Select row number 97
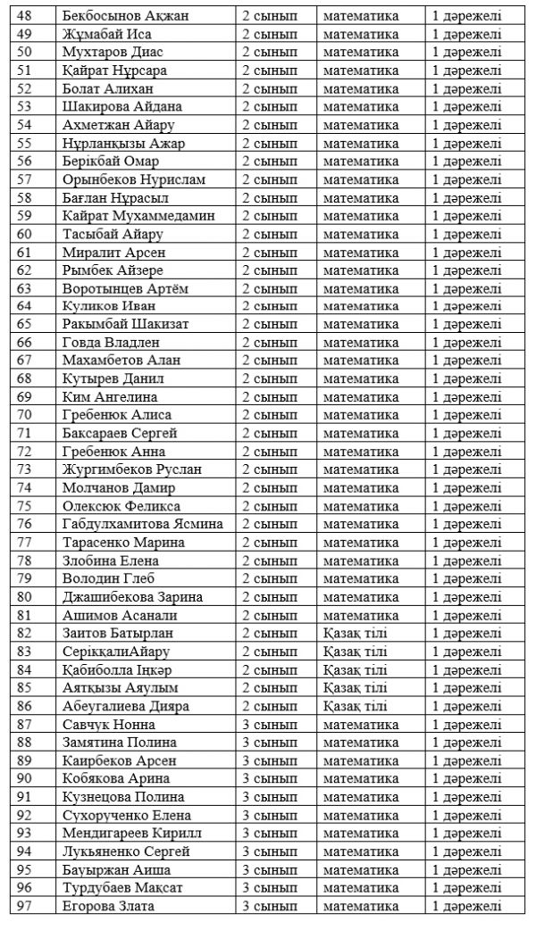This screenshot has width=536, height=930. [24, 907]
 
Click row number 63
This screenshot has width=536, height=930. [24, 288]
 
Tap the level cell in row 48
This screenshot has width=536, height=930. [466, 15]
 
